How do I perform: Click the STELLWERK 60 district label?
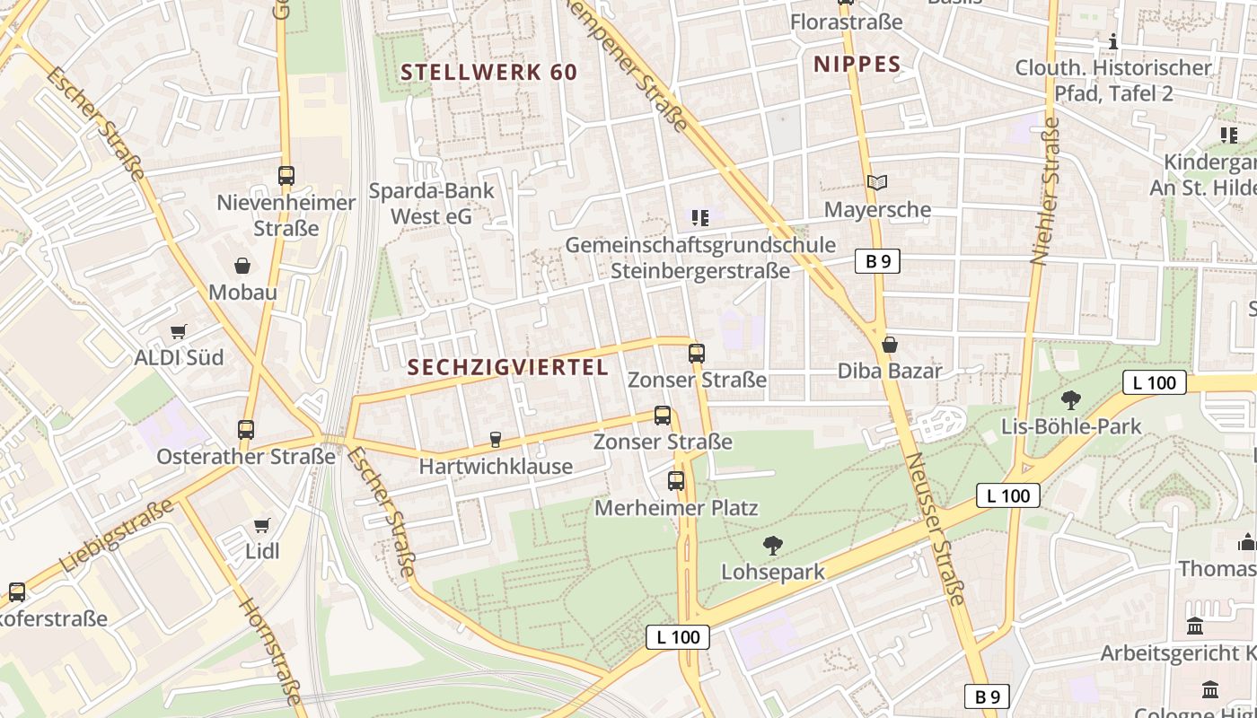[488, 72]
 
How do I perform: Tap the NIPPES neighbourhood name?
[857, 64]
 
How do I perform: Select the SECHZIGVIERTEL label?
[507, 367]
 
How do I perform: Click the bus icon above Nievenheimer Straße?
[286, 176]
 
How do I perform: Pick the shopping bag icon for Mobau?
[242, 266]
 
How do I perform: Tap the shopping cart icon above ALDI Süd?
[179, 331]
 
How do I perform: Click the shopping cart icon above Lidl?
[261, 525]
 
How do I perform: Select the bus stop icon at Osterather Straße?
[246, 430]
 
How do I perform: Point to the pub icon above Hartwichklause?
[495, 440]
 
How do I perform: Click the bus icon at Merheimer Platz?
[676, 481]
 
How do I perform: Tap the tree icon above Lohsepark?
[772, 545]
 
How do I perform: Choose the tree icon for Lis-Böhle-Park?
[1070, 399]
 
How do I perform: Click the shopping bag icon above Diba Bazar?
[890, 345]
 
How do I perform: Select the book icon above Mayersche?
[877, 183]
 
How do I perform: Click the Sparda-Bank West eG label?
[431, 204]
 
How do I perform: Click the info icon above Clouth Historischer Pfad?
[1113, 41]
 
